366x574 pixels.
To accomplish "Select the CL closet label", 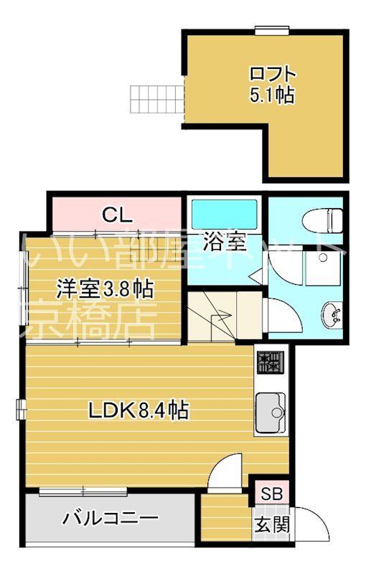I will point(116,214).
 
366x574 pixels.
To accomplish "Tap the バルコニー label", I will point(110,517).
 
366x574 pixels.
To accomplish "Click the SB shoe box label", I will point(271,493).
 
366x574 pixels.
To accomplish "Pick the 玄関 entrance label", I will point(271,524).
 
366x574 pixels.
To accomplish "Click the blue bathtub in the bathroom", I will point(225,213).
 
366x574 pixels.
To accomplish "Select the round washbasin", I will point(332,314).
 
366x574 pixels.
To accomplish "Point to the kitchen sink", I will point(271,412).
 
